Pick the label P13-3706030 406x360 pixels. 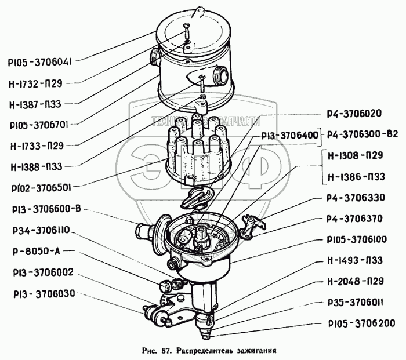coord(40,293)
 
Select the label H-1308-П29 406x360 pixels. coord(355,157)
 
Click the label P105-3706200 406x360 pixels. coord(355,323)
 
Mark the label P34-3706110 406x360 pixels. coord(40,230)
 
